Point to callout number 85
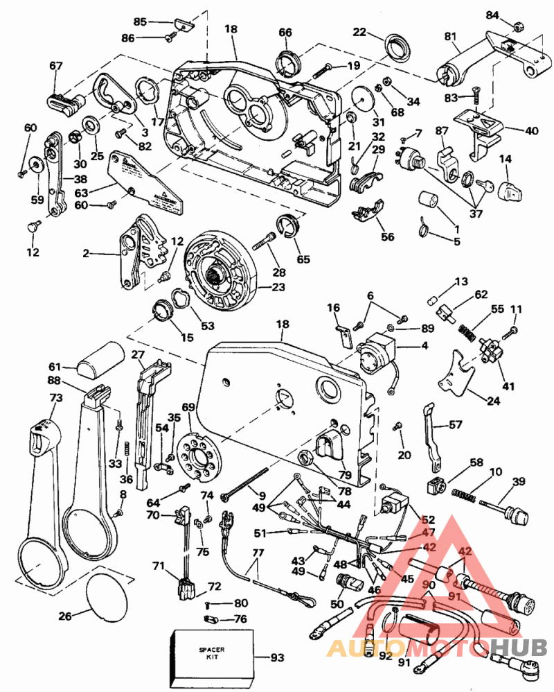pyautogui.click(x=140, y=22)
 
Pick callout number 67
pyautogui.click(x=56, y=66)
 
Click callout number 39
pyautogui.click(x=519, y=482)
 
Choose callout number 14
pyautogui.click(x=506, y=159)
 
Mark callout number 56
pyautogui.click(x=387, y=237)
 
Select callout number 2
pyautogui.click(x=87, y=254)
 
